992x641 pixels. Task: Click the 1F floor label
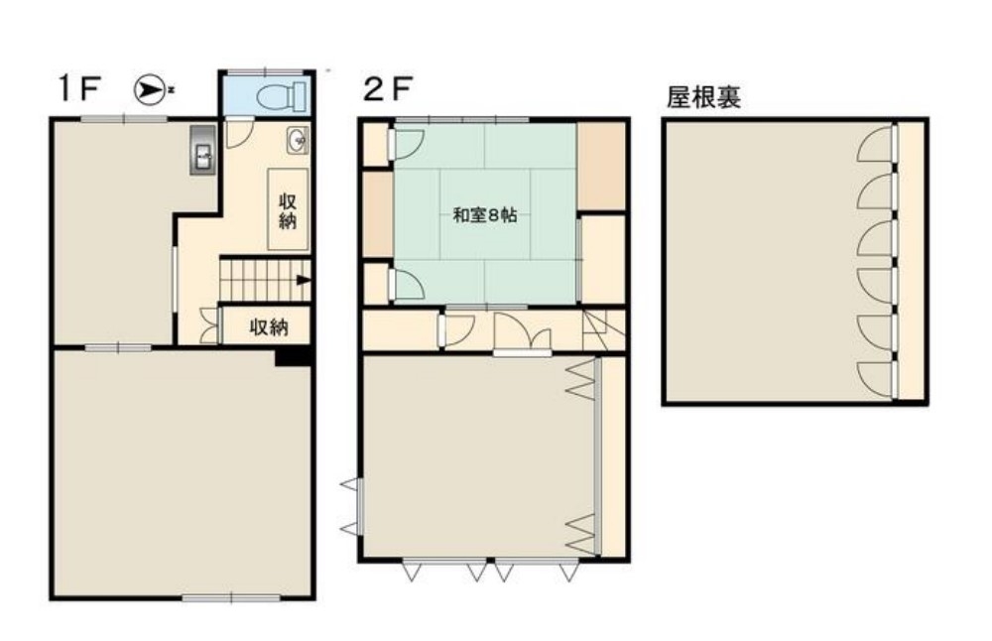(x=78, y=90)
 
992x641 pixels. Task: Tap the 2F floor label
(x=387, y=90)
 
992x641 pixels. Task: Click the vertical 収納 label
(x=288, y=209)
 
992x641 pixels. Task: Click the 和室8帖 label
(x=485, y=214)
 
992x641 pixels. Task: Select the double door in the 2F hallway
(x=522, y=333)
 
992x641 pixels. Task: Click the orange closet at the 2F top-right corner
(x=601, y=165)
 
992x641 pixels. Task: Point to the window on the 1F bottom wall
(x=217, y=596)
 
